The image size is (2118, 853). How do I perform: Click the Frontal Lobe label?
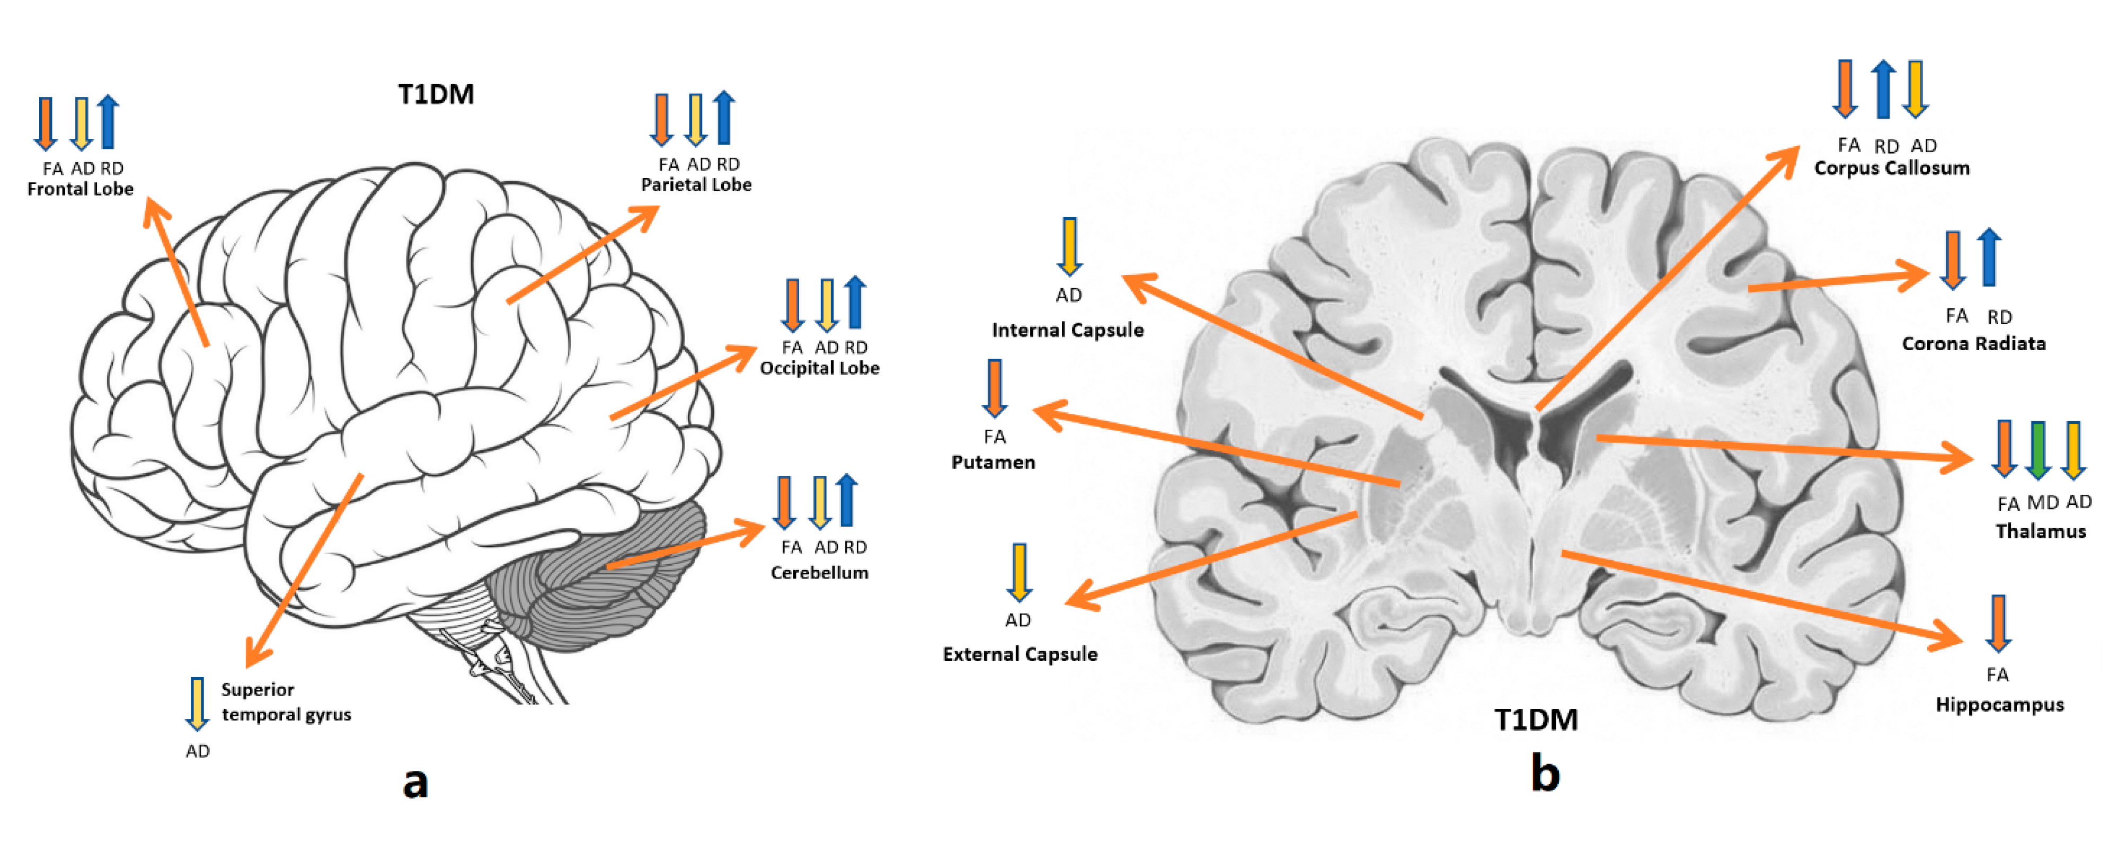click(x=80, y=189)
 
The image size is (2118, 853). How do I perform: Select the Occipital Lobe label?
click(x=819, y=368)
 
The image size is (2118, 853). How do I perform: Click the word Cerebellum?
click(x=819, y=573)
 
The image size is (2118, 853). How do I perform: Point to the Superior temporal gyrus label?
click(x=285, y=702)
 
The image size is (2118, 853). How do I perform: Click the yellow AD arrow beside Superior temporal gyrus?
click(x=197, y=704)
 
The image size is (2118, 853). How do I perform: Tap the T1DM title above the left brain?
click(x=436, y=94)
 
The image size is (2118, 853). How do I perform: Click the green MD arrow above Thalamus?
click(x=2037, y=450)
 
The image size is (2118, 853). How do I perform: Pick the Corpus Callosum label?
click(x=1892, y=168)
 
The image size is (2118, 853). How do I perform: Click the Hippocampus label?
click(x=2000, y=705)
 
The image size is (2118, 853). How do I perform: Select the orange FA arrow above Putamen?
click(x=995, y=388)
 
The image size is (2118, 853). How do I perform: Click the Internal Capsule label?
click(x=1067, y=331)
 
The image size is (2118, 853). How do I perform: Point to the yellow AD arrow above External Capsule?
click(x=1018, y=572)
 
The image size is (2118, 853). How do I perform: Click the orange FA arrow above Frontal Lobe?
click(x=45, y=123)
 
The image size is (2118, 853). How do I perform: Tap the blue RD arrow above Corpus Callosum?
click(x=1883, y=89)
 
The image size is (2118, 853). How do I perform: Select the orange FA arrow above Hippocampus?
click(x=1998, y=623)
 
